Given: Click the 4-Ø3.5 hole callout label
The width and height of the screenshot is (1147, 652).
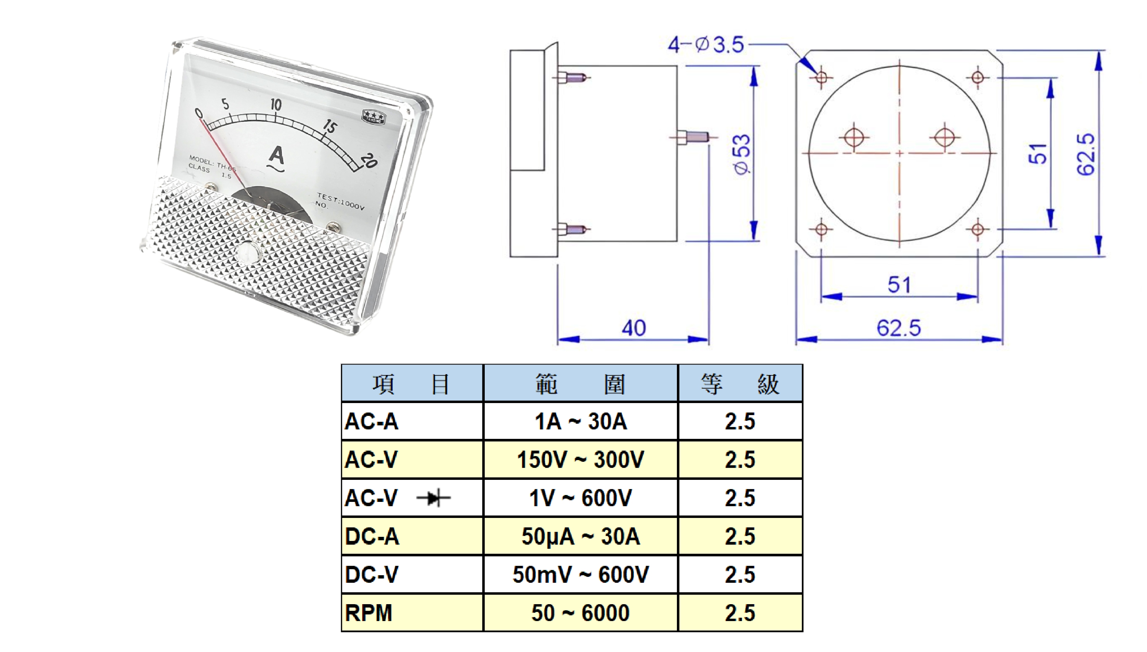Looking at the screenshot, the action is coord(706,45).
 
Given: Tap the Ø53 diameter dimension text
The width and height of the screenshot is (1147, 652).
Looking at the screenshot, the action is coord(741,154).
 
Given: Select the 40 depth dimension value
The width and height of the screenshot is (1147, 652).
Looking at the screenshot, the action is coord(633,328).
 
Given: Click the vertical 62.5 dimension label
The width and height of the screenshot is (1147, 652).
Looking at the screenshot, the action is coord(1086,154).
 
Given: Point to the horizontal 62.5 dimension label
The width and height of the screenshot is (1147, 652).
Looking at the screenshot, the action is coord(898,328).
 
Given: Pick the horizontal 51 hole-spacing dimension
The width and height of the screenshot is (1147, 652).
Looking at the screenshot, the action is coord(899,285).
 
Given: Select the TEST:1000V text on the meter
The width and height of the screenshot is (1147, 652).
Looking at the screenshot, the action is coord(341,201).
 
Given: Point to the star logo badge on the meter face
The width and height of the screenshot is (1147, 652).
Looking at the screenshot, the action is coord(373,116).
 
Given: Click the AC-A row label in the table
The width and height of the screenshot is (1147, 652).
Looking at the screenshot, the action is coord(371,421).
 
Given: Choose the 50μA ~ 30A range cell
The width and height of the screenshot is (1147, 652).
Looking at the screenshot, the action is coord(581,536).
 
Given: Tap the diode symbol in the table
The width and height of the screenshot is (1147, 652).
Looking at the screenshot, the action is coord(433,498).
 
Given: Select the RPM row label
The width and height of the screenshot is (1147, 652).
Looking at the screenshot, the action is coord(369,612).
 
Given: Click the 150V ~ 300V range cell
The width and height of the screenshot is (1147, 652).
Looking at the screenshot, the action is coord(581,459).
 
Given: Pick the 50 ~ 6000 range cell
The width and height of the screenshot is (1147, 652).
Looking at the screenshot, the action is coord(581,612).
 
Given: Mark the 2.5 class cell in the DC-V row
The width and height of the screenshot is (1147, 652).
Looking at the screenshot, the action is coord(740,575).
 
